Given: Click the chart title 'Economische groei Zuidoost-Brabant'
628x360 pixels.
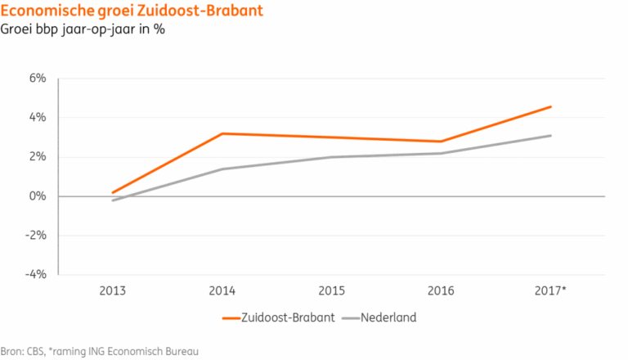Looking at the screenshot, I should [114, 11].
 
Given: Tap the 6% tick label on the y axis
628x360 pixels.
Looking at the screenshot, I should [38, 79].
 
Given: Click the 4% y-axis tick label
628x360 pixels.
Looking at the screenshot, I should [38, 118].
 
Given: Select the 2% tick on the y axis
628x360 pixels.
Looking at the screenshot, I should [38, 157].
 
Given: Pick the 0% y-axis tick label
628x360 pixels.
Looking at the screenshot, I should [38, 196].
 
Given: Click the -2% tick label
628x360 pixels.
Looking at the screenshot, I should [36, 236].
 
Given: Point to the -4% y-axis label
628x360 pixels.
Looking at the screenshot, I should [36, 275].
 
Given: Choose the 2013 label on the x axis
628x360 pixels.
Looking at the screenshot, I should [113, 290].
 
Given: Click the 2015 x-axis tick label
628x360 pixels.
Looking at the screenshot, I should [330, 290].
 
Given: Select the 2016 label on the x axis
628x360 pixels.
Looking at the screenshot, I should [439, 290].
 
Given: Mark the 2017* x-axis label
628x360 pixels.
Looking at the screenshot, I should [549, 290].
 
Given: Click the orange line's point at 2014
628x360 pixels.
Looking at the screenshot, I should [222, 133].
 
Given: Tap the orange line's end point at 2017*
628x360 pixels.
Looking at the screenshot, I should [550, 106].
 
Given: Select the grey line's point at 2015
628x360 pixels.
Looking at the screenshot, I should [330, 157].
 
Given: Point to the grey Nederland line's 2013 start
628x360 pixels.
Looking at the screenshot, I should [113, 200].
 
